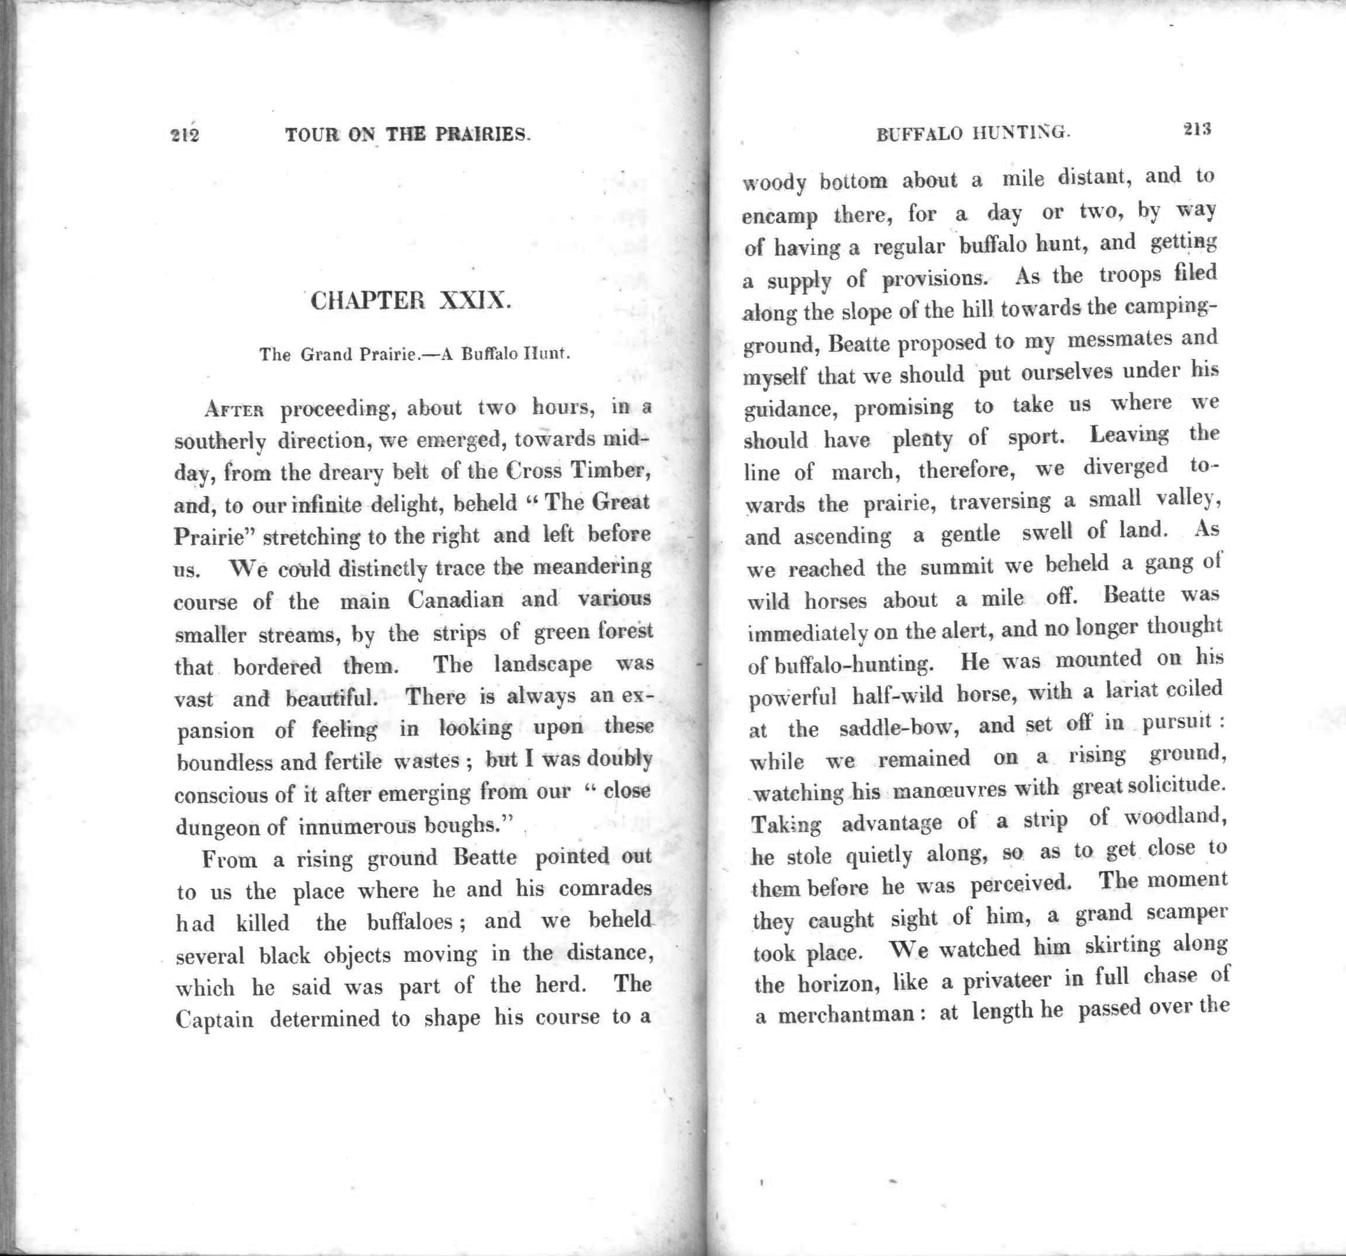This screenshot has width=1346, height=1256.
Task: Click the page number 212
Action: (x=184, y=136)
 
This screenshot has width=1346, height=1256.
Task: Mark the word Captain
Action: (x=214, y=1020)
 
